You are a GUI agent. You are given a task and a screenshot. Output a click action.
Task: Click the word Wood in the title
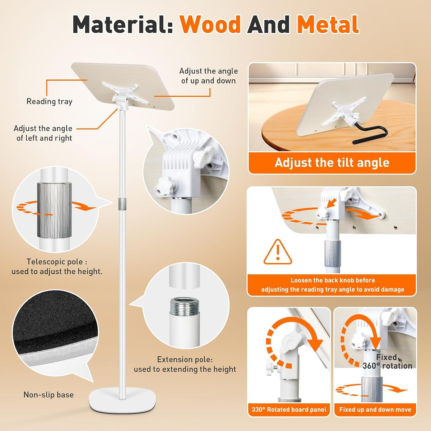click(210, 25)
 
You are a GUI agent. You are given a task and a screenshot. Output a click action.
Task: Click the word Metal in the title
click(328, 24)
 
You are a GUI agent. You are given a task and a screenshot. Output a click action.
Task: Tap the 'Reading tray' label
click(50, 102)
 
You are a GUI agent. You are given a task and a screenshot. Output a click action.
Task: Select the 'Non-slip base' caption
click(48, 394)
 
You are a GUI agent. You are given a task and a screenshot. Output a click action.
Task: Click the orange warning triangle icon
click(278, 252)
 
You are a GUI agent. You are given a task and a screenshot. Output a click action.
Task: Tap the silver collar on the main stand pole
click(122, 204)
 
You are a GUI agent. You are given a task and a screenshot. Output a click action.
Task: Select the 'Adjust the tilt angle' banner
click(332, 163)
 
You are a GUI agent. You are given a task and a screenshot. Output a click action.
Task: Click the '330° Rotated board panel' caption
click(289, 409)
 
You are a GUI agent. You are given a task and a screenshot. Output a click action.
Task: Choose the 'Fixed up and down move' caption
click(375, 409)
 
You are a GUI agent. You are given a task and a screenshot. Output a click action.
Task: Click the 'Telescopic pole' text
click(54, 262)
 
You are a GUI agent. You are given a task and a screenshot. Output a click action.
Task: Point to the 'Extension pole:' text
click(185, 360)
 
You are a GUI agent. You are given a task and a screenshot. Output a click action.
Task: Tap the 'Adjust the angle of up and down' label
click(208, 76)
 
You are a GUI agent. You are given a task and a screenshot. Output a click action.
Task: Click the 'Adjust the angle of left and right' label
click(43, 133)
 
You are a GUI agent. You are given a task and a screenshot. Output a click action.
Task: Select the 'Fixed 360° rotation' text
click(388, 361)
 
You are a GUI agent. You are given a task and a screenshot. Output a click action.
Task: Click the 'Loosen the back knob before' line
click(333, 280)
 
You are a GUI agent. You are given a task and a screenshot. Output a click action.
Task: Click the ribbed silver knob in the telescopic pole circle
click(54, 210)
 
